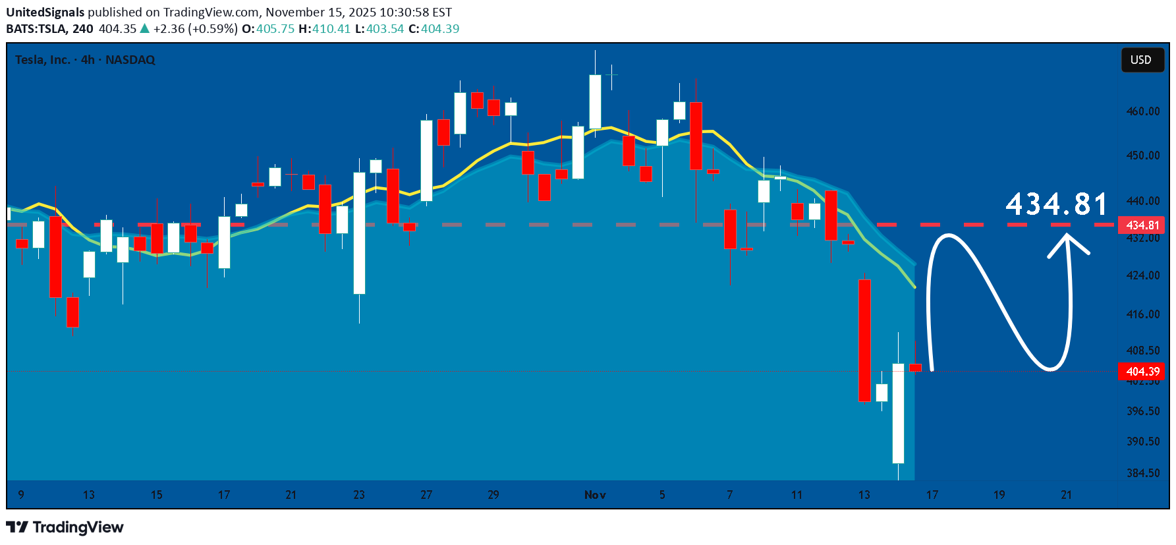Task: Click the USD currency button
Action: (x=1141, y=60)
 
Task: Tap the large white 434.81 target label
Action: (x=1057, y=204)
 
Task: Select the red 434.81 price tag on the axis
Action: (x=1142, y=225)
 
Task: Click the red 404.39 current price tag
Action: (x=1142, y=372)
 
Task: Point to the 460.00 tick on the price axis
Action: (x=1142, y=111)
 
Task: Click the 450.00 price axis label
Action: (x=1142, y=156)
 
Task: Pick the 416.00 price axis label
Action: (x=1142, y=314)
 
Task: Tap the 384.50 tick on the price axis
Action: (x=1142, y=473)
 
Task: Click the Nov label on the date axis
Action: (x=595, y=495)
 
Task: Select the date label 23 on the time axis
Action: (x=359, y=495)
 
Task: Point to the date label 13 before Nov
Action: (x=89, y=495)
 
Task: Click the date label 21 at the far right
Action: (x=1067, y=495)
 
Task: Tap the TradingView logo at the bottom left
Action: (x=65, y=527)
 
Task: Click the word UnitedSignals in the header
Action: (x=45, y=13)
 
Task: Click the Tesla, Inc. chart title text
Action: (x=42, y=60)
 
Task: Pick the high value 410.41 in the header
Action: (x=331, y=29)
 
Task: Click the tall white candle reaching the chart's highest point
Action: (x=595, y=101)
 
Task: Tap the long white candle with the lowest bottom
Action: (x=898, y=413)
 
